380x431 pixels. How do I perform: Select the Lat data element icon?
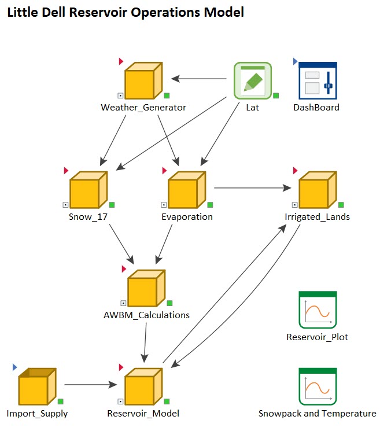tap(252, 80)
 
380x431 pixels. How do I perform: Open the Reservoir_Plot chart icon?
tap(318, 310)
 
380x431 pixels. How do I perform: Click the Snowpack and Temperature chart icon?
tap(318, 386)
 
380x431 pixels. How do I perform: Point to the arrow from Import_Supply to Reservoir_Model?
tap(90, 384)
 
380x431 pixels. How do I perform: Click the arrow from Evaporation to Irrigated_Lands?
tap(252, 187)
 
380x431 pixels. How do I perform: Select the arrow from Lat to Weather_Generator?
tap(197, 79)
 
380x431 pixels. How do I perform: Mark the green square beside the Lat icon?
tap(276, 95)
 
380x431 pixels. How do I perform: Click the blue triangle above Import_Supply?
tap(16, 367)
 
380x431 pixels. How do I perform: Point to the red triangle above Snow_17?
tap(66, 171)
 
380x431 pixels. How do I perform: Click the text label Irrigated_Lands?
tap(317, 217)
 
